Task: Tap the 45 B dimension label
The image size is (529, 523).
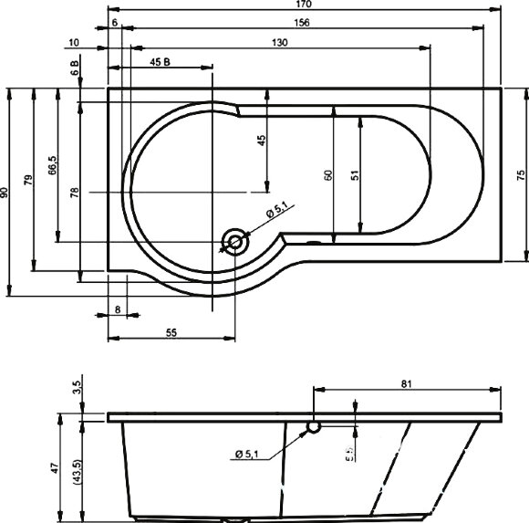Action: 161,61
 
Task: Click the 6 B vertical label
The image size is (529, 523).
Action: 75,66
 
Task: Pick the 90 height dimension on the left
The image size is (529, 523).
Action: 5,193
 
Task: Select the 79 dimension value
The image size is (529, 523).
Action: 29,180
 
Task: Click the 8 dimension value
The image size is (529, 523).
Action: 118,310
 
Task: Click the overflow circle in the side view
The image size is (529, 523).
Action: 313,425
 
